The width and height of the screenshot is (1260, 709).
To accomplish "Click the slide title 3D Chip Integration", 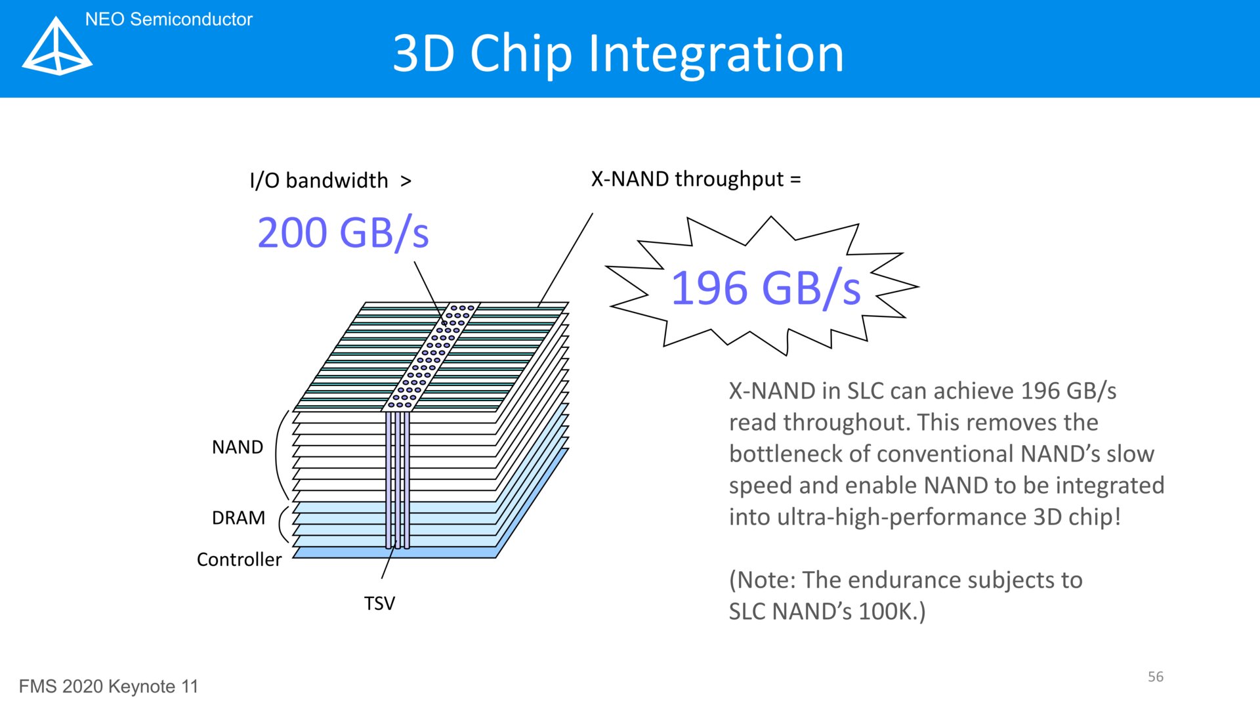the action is click(618, 54).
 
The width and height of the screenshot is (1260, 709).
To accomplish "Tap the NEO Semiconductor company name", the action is click(169, 20).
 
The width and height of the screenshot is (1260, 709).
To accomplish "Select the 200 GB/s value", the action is click(343, 233).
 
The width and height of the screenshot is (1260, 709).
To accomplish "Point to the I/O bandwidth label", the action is click(319, 181).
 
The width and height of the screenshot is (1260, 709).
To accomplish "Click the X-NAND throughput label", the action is click(687, 179).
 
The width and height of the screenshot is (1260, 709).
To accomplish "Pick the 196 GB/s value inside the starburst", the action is click(766, 288).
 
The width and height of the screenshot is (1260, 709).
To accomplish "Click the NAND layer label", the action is click(238, 447).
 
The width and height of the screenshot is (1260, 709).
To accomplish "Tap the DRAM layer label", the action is click(239, 518).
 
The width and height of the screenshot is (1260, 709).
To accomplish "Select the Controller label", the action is click(239, 559).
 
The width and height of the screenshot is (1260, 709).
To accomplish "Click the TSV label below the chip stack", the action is click(379, 603).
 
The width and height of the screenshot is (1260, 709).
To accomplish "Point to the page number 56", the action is click(1156, 677).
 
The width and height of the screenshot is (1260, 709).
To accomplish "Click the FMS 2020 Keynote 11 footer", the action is click(108, 687).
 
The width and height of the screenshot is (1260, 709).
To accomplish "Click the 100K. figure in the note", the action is click(892, 611).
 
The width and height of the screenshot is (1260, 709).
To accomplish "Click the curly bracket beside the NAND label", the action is click(280, 456).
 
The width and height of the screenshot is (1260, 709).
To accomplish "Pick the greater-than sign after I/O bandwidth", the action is click(406, 181).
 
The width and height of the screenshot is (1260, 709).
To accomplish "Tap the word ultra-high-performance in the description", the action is click(901, 517).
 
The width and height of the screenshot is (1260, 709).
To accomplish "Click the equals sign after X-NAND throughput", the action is click(795, 179).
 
